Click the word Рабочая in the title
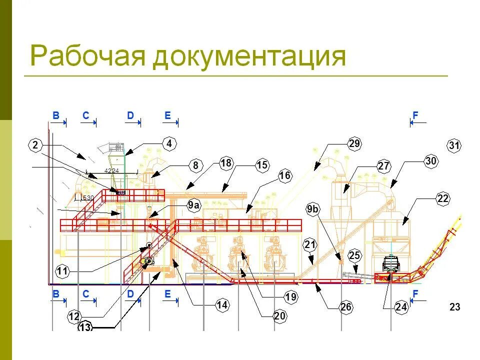tap(87, 56)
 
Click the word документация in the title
tap(249, 57)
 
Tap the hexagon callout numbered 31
tap(454, 145)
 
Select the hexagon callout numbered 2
tap(35, 145)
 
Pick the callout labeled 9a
tap(193, 205)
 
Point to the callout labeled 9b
tap(312, 209)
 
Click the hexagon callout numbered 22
tap(442, 198)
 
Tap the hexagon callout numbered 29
tap(354, 144)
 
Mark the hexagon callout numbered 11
tap(62, 271)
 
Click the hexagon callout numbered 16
tap(284, 175)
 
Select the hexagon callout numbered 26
tap(346, 307)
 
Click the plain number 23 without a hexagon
tap(454, 307)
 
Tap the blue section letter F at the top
tap(415, 115)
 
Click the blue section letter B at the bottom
tap(56, 294)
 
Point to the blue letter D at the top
tap(130, 115)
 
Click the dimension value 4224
tap(111, 171)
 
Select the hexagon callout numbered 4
tap(169, 144)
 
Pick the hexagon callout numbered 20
tap(279, 315)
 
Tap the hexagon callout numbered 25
tap(354, 256)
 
